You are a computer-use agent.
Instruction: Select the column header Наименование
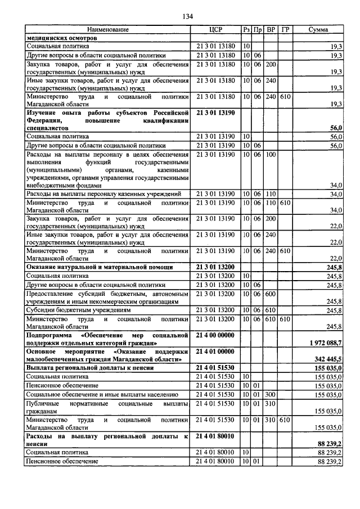[x=108, y=29]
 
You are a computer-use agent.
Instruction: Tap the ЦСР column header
[x=216, y=29]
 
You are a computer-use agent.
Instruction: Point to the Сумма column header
[x=318, y=29]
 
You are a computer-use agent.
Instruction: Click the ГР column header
[x=285, y=29]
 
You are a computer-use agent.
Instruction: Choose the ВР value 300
[x=271, y=395]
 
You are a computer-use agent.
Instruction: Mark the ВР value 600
[x=271, y=294]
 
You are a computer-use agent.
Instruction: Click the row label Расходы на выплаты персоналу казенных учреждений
[x=103, y=194]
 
